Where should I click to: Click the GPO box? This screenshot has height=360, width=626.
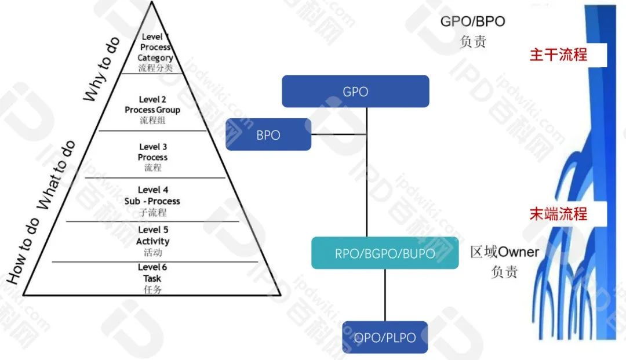[x=355, y=92]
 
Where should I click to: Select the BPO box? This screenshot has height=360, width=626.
[x=268, y=135]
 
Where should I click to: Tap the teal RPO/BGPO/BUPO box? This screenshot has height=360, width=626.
[x=385, y=253]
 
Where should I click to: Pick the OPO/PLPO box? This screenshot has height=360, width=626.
[x=385, y=337]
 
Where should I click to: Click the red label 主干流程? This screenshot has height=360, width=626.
[x=558, y=54]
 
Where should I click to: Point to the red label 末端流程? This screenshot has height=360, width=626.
[x=558, y=213]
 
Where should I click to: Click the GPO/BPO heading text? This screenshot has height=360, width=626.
[x=472, y=22]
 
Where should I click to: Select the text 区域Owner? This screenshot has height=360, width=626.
[x=504, y=252]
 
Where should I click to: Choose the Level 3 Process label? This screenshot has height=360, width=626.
[x=153, y=157]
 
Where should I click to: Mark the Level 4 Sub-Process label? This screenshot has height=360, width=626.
[x=152, y=201]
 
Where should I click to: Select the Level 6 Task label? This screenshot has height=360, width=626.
[x=152, y=278]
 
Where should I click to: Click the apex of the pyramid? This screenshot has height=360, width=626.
[x=152, y=2]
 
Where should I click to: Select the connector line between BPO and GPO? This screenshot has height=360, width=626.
[x=339, y=134]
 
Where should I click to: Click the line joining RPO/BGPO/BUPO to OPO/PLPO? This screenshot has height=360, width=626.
[x=385, y=295]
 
